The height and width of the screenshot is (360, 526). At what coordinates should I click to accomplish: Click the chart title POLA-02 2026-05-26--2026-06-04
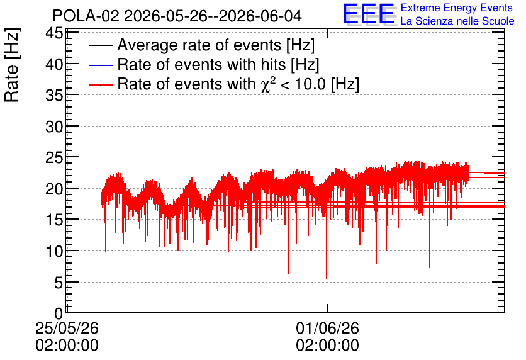pyautogui.click(x=177, y=16)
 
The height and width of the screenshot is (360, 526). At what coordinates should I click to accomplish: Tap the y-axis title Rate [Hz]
pyautogui.click(x=12, y=65)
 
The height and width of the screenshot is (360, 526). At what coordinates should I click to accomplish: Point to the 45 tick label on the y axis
pyautogui.click(x=54, y=33)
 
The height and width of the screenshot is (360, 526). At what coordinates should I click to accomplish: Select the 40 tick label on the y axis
pyautogui.click(x=54, y=64)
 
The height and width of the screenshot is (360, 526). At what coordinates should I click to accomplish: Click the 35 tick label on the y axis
pyautogui.click(x=54, y=95)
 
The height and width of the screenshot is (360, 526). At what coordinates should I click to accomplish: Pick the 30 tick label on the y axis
pyautogui.click(x=54, y=127)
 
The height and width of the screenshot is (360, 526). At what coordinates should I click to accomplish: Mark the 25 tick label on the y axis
pyautogui.click(x=54, y=157)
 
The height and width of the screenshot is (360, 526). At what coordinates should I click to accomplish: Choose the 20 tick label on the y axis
pyautogui.click(x=54, y=189)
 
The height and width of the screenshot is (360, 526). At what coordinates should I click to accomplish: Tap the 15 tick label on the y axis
pyautogui.click(x=54, y=220)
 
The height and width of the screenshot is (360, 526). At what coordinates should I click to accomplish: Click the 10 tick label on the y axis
pyautogui.click(x=54, y=250)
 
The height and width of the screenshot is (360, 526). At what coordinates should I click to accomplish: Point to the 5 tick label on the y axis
pyautogui.click(x=59, y=282)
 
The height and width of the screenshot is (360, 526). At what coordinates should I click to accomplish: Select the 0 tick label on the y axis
pyautogui.click(x=59, y=313)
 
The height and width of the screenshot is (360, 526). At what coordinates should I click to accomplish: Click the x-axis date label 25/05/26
pyautogui.click(x=67, y=328)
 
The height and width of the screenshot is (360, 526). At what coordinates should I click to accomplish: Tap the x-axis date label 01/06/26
pyautogui.click(x=327, y=328)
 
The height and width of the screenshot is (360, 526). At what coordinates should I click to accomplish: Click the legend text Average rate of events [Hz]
pyautogui.click(x=216, y=45)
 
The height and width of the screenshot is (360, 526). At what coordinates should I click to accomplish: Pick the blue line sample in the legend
pyautogui.click(x=101, y=65)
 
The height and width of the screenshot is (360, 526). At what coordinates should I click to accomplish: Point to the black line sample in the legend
pyautogui.click(x=101, y=45)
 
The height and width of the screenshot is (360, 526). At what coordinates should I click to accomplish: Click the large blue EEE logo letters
pyautogui.click(x=369, y=14)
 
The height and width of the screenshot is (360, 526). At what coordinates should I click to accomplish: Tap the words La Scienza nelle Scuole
pyautogui.click(x=457, y=21)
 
